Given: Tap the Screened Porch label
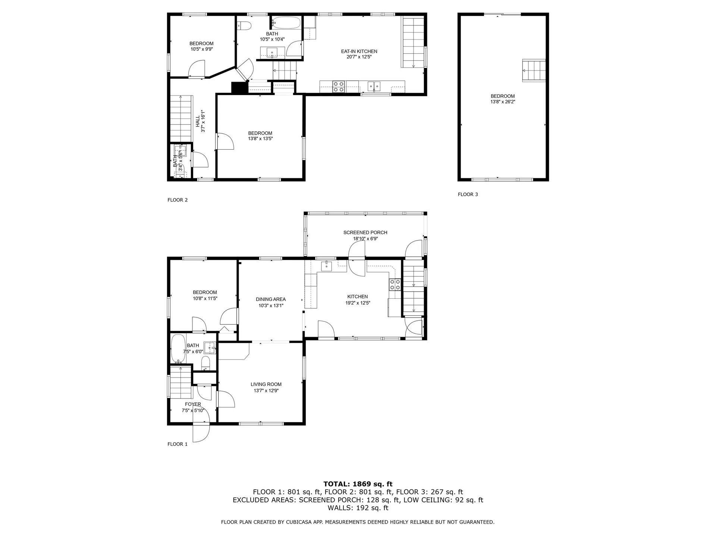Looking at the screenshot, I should pos(365,232).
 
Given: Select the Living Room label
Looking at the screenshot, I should pos(266,384).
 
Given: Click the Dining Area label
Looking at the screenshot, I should pos(271,299).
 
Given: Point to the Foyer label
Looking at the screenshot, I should pos(193,404).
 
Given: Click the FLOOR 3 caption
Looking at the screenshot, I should pos(468,194).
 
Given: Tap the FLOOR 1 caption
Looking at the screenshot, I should pos(178,444).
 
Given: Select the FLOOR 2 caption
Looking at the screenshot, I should pos(178,200).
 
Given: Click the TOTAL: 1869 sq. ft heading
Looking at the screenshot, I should pos(358,484).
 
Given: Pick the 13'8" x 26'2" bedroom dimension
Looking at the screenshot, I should pos(502,102).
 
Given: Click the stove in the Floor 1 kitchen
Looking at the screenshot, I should pos(395,285).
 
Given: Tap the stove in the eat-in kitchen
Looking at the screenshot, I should pos(339,87).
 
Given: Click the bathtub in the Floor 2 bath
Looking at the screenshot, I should pos(286,23).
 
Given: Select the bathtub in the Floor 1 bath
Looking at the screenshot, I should pos(178,348).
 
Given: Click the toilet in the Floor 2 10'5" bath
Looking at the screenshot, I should pos(244,26).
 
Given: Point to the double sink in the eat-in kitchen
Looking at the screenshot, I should pos(374,87).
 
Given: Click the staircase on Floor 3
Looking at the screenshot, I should pos(534,71).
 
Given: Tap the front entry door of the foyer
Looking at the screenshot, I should pos(201,432).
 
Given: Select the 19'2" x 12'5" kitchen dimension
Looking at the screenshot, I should pos(357,303).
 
